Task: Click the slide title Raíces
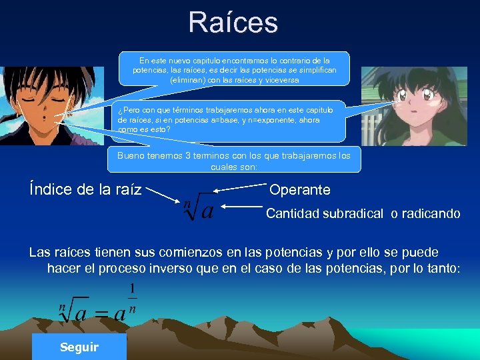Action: [233, 23]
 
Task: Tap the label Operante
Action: [299, 190]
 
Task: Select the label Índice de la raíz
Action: [85, 189]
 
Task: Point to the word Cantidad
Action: [293, 214]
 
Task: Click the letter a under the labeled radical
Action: [207, 211]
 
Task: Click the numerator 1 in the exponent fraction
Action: [132, 289]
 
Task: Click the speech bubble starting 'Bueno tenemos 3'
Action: [234, 160]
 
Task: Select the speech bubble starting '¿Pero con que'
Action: [230, 120]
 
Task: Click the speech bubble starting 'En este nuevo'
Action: [234, 69]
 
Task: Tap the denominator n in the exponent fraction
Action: [132, 308]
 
